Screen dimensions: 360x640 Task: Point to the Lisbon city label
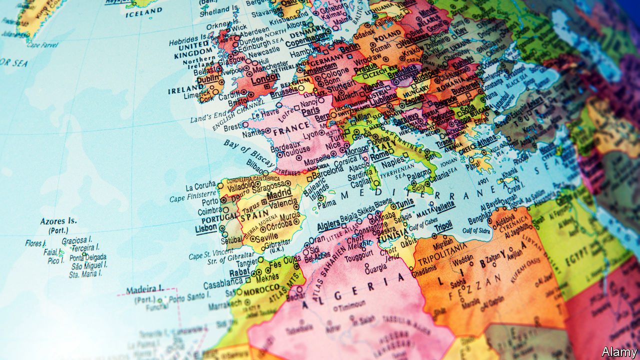coord(205,227)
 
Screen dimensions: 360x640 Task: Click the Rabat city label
coord(239,273)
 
